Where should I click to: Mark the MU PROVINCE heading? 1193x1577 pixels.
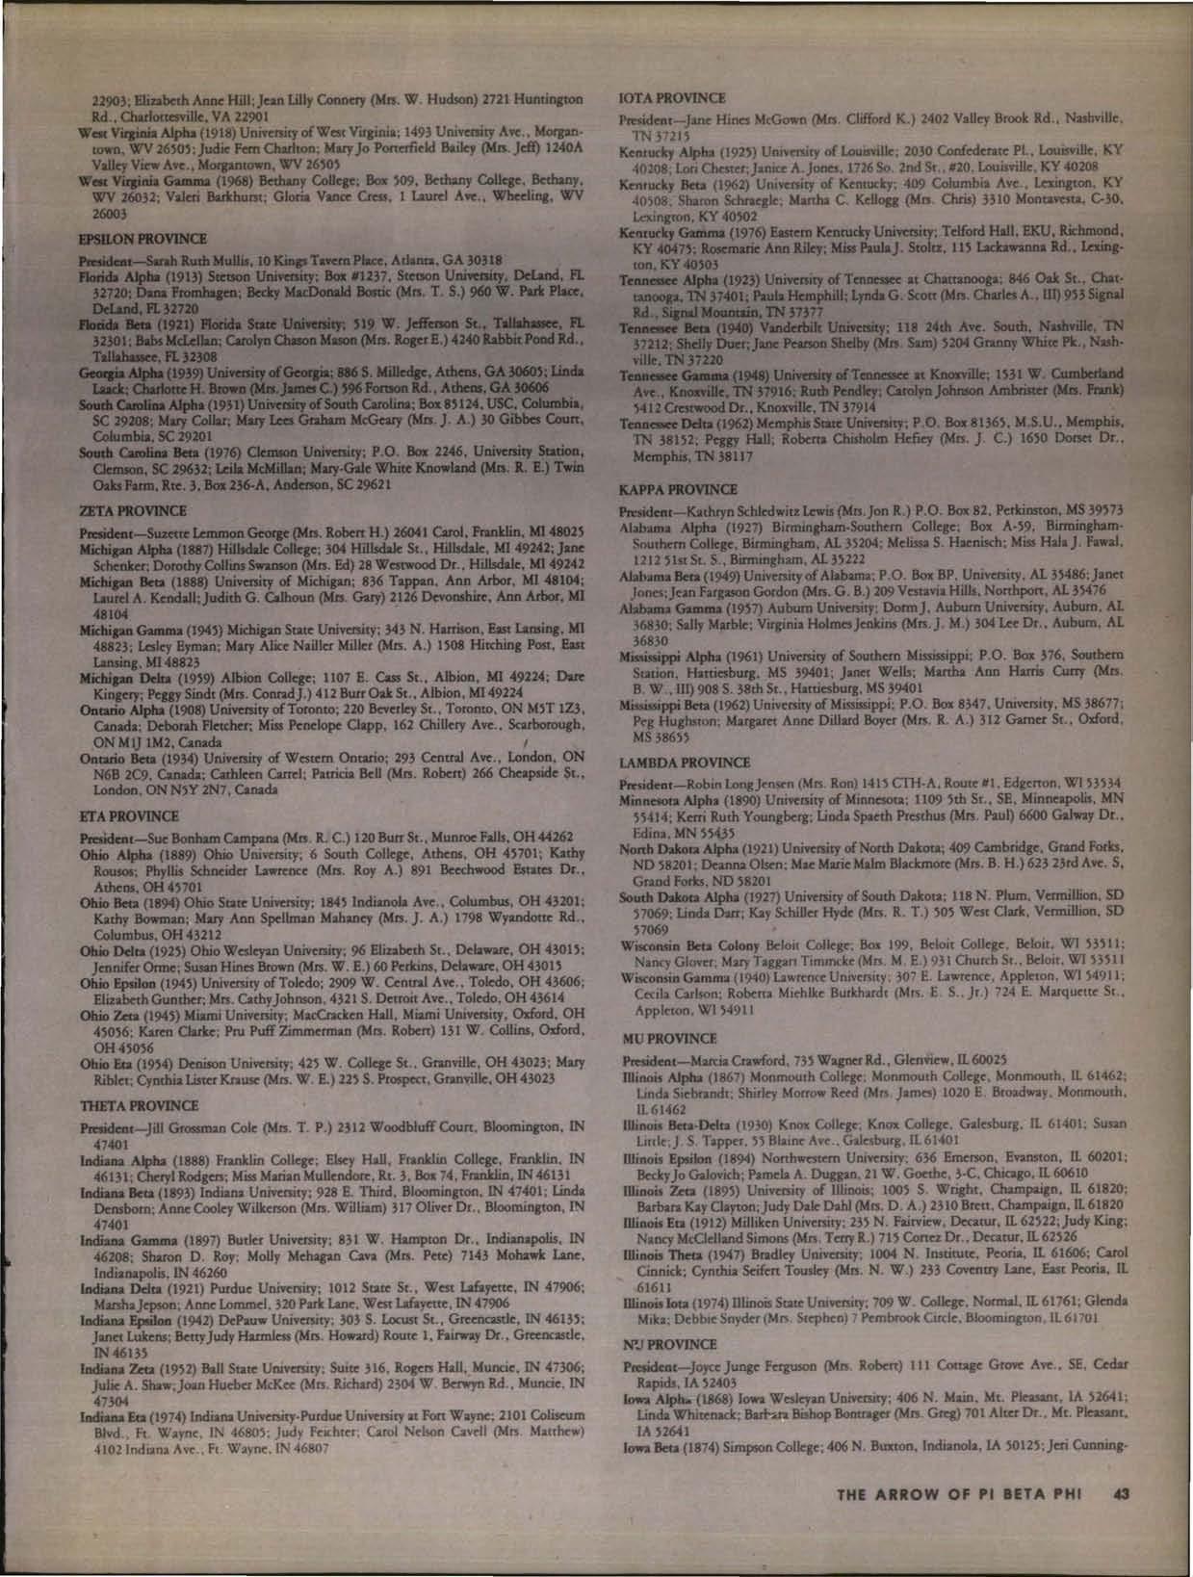pos(669,1039)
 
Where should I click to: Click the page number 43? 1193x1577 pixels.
pos(1121,1495)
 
